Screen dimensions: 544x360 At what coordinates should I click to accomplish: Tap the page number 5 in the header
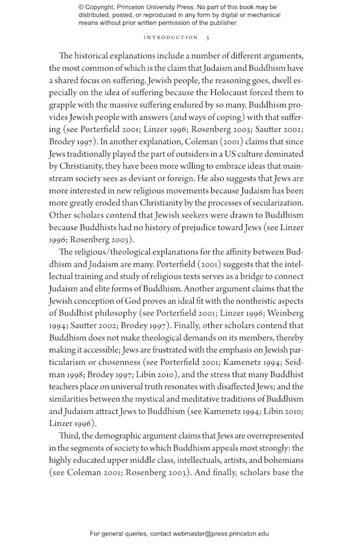click(208, 37)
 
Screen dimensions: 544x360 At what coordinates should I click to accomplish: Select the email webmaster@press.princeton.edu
click(221, 533)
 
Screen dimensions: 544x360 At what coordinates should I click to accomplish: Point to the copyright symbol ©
click(82, 7)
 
